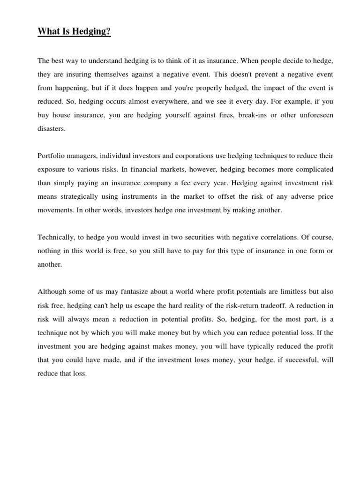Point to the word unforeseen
pos(315,114)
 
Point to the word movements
pos(53,210)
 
